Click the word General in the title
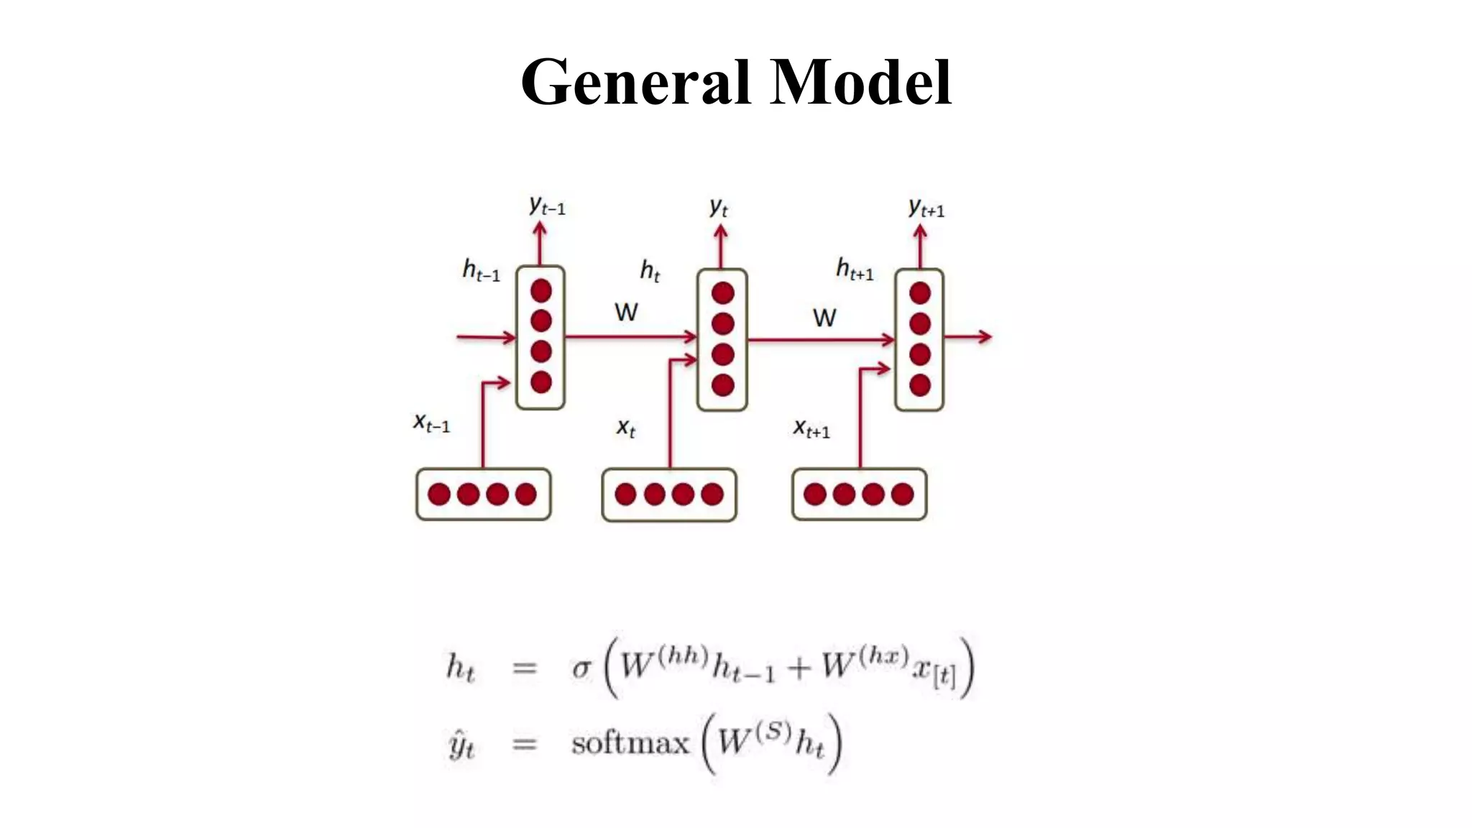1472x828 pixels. [x=635, y=83]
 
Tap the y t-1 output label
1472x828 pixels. [x=547, y=206]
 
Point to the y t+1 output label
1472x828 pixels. [x=926, y=208]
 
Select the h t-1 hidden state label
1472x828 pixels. [x=481, y=271]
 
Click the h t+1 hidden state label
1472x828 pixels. [x=854, y=270]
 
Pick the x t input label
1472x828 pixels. [x=626, y=428]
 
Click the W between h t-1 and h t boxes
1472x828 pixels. [x=626, y=313]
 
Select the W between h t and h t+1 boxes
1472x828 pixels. [x=824, y=318]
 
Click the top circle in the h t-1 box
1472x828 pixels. [x=540, y=291]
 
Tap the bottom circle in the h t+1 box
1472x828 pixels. [x=919, y=385]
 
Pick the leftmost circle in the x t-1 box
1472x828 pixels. [x=438, y=494]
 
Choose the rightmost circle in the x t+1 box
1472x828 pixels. [x=902, y=494]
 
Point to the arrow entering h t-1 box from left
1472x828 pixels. [x=486, y=337]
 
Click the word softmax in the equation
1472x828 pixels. [x=630, y=743]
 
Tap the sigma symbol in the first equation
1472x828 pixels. [x=581, y=669]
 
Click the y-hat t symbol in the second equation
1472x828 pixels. [x=461, y=745]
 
